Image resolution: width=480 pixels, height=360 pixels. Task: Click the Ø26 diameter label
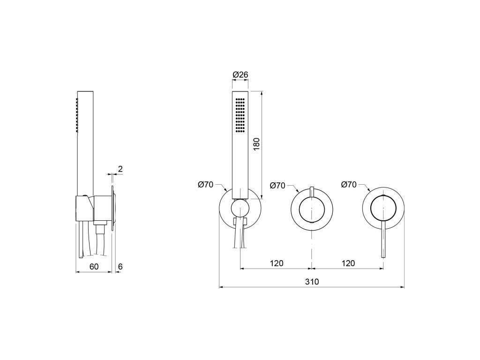coord(240,75)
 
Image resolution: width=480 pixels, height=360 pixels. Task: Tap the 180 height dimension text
coord(256,144)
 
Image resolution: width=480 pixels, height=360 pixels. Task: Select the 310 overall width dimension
coord(312,281)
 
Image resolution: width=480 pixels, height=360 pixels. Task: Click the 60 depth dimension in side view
coord(94,267)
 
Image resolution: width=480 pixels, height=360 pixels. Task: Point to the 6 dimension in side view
coord(120,267)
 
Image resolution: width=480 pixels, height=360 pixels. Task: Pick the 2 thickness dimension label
coord(120,169)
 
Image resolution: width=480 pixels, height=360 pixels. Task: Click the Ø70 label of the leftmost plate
coord(205,185)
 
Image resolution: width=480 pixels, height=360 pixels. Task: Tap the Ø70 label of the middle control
coord(277,186)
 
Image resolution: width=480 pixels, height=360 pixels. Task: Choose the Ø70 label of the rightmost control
coord(349,185)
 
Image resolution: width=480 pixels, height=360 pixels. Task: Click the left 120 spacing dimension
coord(277,263)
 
